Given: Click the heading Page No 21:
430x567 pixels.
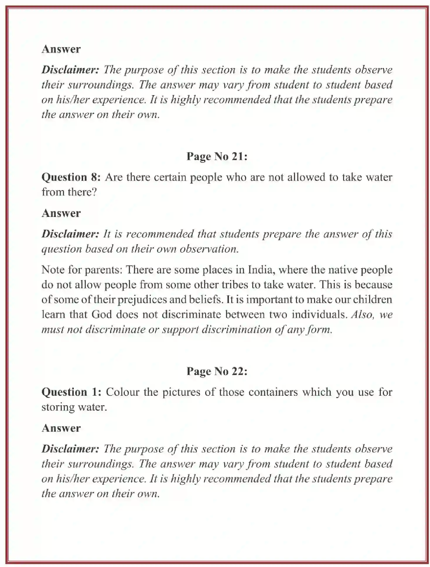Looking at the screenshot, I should pos(217,156).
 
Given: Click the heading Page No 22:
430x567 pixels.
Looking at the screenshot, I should pos(217,371).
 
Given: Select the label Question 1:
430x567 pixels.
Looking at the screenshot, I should pos(71,392).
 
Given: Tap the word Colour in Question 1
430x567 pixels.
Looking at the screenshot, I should pos(122,392).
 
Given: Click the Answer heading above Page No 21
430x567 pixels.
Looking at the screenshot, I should pos(61,49).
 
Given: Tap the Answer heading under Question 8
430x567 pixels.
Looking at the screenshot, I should pos(61,213).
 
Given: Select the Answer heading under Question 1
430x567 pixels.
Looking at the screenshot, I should pos(61,428).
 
